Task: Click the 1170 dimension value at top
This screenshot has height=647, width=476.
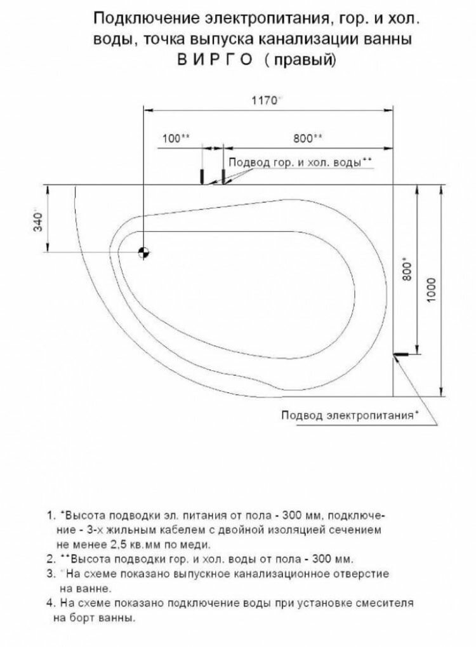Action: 266,100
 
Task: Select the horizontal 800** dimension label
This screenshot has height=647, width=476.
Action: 308,138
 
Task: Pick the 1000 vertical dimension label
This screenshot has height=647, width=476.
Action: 432,290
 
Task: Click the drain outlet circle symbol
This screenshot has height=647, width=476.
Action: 144,253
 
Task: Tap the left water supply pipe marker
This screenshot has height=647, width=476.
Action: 202,175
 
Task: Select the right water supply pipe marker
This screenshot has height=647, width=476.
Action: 223,175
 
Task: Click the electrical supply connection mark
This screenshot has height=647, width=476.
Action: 400,355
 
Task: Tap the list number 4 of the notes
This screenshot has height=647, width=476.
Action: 50,602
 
